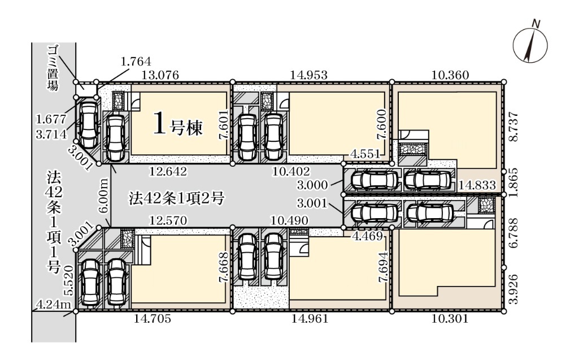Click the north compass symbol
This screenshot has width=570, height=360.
[530, 45]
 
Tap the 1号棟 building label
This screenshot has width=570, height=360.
[178, 124]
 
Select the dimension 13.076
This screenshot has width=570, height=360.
[160, 75]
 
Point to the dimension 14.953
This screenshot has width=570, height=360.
[309, 75]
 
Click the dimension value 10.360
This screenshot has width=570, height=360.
[450, 75]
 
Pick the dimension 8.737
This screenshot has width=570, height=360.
[514, 127]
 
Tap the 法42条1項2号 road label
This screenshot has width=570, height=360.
[177, 198]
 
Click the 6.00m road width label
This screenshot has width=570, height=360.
[103, 196]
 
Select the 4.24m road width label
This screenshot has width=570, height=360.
[54, 304]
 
